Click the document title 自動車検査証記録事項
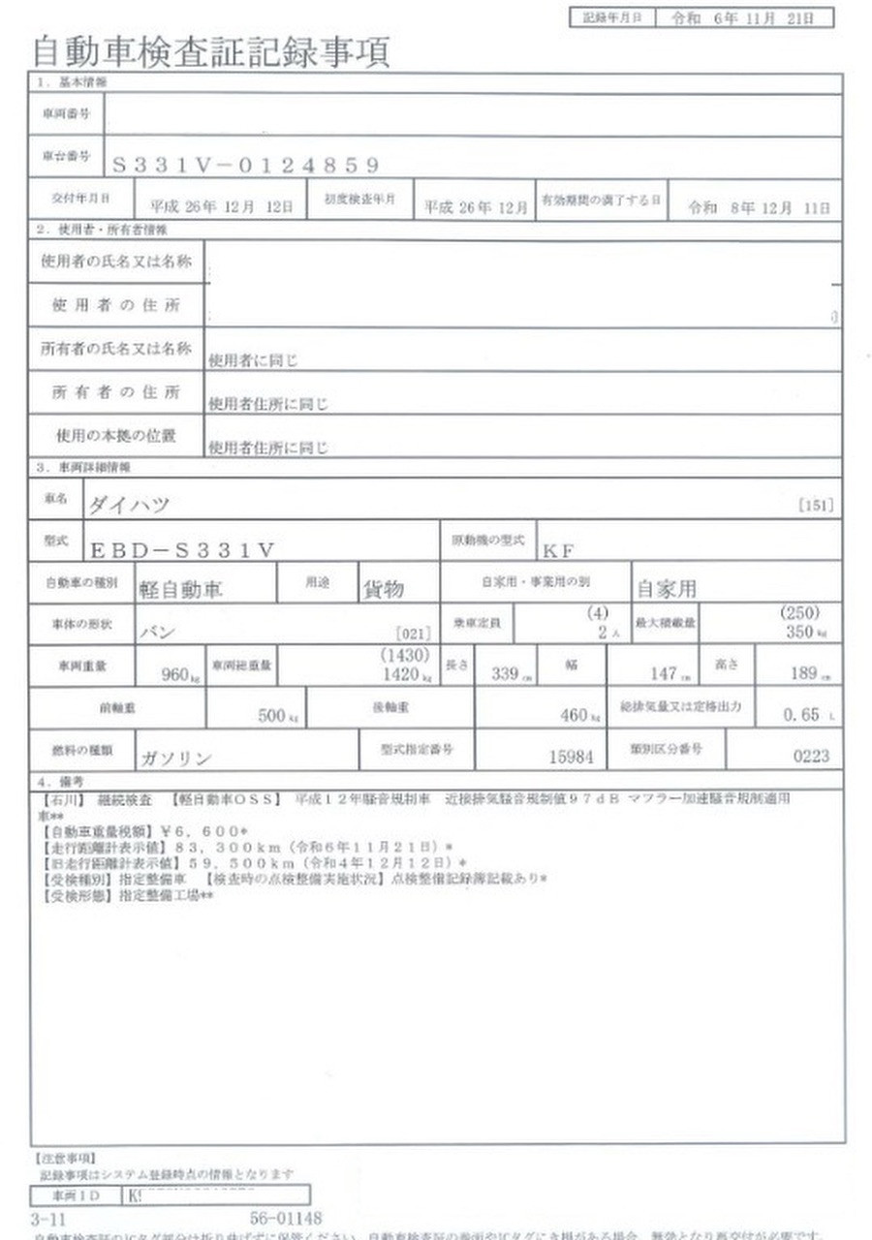[211, 50]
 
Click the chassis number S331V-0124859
[246, 166]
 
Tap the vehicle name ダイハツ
[129, 505]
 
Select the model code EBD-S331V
[183, 550]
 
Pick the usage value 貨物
[383, 589]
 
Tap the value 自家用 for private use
[666, 589]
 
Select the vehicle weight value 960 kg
[180, 674]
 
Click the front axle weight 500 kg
[272, 716]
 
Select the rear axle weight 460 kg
[576, 716]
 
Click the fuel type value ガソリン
[175, 759]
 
